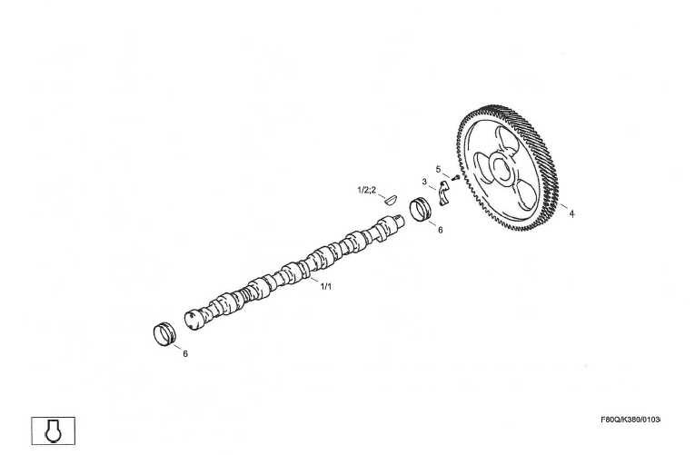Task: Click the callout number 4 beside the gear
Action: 571,213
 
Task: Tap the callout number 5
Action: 439,169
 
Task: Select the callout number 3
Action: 424,182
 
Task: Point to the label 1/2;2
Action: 366,190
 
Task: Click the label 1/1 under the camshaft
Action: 326,286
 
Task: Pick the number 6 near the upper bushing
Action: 440,230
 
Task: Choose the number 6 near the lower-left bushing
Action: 185,353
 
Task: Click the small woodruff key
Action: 391,200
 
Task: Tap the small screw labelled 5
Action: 455,177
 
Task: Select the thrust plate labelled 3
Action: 443,193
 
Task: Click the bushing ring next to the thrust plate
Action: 421,211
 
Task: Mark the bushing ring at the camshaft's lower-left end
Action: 164,334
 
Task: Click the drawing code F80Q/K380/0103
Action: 630,419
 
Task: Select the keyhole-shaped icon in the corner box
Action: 54,430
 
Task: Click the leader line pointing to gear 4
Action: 564,206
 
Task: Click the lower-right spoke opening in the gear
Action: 526,195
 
